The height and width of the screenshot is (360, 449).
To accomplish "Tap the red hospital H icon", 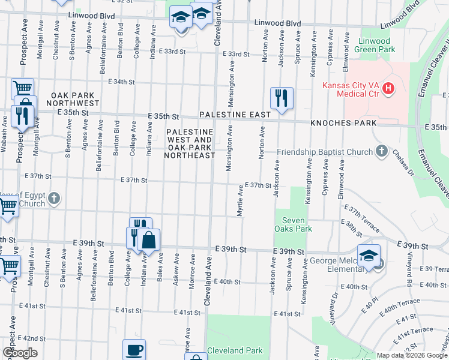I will coord(388,89).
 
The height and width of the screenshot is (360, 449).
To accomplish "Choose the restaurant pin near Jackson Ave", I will coord(281,97).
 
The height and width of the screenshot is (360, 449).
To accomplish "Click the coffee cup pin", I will coord(134,350).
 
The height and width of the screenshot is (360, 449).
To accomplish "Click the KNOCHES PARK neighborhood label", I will coord(343,123).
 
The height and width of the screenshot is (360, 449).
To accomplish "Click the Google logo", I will coord(20,353).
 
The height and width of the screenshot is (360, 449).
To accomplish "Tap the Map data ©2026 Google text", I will coord(411,355).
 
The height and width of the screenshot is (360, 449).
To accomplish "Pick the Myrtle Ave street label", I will coord(240,200).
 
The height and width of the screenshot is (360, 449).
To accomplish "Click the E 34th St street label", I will coord(121,82).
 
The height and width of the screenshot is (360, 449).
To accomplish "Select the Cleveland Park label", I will coord(235,350).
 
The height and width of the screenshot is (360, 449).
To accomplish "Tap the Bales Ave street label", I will coord(160,262).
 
